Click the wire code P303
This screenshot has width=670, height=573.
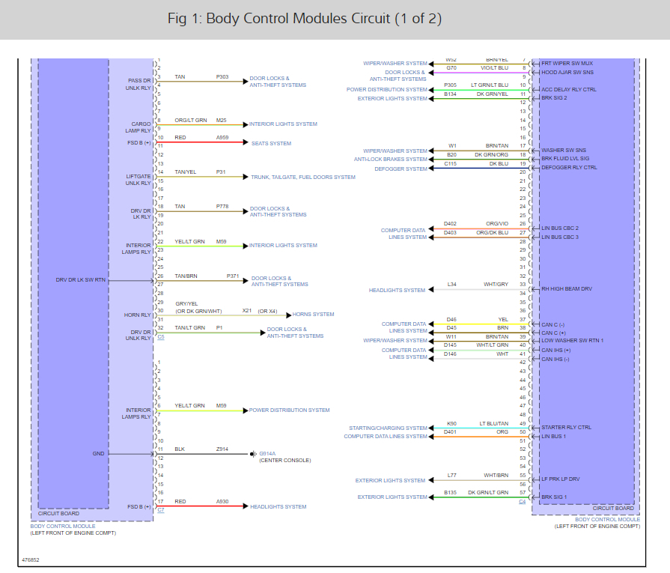pyautogui.click(x=222, y=77)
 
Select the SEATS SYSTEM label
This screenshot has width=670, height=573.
pyautogui.click(x=270, y=143)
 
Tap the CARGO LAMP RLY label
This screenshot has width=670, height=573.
pyautogui.click(x=141, y=127)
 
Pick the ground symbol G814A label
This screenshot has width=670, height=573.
pyautogui.click(x=267, y=454)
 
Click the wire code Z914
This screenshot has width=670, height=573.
pyautogui.click(x=222, y=449)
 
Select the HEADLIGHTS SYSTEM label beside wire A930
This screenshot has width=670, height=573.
pyautogui.click(x=278, y=506)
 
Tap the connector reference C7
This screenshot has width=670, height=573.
pyautogui.click(x=160, y=509)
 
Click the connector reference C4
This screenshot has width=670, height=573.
pyautogui.click(x=523, y=501)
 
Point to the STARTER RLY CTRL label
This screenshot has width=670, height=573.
pyautogui.click(x=566, y=428)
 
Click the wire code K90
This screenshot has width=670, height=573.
pyautogui.click(x=451, y=423)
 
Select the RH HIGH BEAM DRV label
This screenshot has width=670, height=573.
pyautogui.click(x=567, y=288)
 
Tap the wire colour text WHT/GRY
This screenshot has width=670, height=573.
pyautogui.click(x=496, y=285)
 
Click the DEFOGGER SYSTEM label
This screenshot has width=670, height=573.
pyautogui.click(x=401, y=169)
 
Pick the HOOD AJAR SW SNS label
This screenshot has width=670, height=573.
pyautogui.click(x=567, y=72)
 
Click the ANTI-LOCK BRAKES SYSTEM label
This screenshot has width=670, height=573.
pyautogui.click(x=391, y=159)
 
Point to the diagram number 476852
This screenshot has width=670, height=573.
pyautogui.click(x=31, y=560)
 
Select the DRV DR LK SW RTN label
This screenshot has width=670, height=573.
pyautogui.click(x=81, y=280)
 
